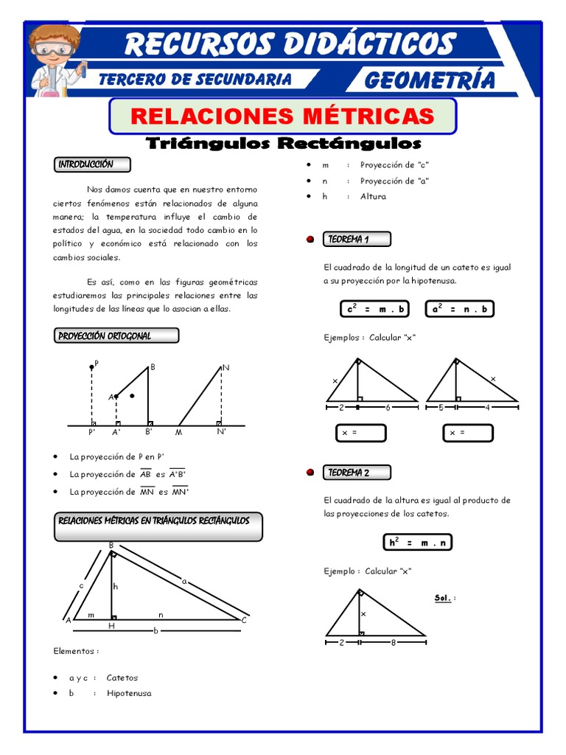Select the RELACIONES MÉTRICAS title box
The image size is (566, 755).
pyautogui.click(x=283, y=116)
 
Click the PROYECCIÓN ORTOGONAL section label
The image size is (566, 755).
pyautogui.click(x=116, y=336)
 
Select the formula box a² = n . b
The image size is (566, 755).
pyautogui.click(x=460, y=309)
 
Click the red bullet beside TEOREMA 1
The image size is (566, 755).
pyautogui.click(x=310, y=240)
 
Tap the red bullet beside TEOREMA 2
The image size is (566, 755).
pyautogui.click(x=310, y=473)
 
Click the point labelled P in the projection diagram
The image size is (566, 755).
pyautogui.click(x=92, y=366)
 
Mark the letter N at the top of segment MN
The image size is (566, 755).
pyautogui.click(x=226, y=366)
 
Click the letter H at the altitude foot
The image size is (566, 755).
pyautogui.click(x=112, y=625)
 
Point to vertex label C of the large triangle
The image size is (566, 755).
pyautogui.click(x=243, y=620)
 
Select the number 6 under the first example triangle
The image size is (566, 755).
pyautogui.click(x=388, y=407)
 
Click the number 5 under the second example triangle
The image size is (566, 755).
pyautogui.click(x=441, y=407)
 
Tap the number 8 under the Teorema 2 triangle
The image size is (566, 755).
pyautogui.click(x=393, y=642)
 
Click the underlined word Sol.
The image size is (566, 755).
pyautogui.click(x=442, y=598)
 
